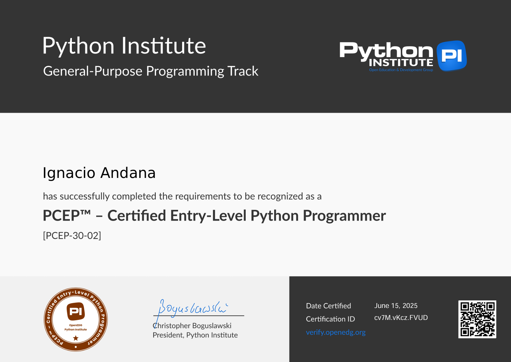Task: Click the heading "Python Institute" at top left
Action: [x=124, y=46]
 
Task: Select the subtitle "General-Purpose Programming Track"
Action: [x=151, y=71]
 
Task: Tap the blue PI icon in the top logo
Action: [x=451, y=55]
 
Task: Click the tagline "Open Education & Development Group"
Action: [x=401, y=70]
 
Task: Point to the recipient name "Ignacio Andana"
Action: [x=99, y=173]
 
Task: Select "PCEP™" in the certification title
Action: [x=66, y=216]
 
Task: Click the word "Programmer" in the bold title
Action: [x=344, y=216]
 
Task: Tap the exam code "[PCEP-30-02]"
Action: [x=72, y=236]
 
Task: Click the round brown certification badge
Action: [x=76, y=319]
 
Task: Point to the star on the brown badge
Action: [x=76, y=338]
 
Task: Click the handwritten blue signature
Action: [x=193, y=308]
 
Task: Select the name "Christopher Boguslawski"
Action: [x=192, y=326]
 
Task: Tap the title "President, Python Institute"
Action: [x=195, y=335]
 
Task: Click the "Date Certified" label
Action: [x=328, y=306]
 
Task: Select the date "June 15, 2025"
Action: [x=396, y=306]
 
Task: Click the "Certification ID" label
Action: [x=330, y=319]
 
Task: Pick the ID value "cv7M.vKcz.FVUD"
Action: [x=401, y=318]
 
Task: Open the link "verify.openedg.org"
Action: [x=335, y=332]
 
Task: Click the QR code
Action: [x=477, y=319]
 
